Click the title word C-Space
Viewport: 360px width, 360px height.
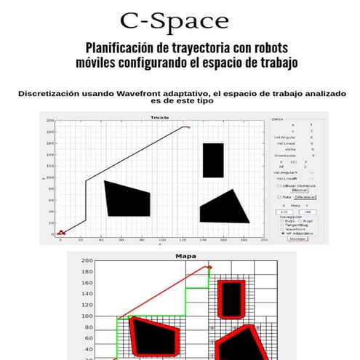point(174,20)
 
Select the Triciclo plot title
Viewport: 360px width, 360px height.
point(159,116)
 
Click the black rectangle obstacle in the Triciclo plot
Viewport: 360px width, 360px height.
point(213,160)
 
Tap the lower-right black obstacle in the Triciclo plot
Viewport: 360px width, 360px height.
point(222,208)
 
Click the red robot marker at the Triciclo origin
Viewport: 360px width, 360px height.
point(61,233)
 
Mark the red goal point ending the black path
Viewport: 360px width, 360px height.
point(188,127)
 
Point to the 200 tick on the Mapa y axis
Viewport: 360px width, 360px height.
point(87,261)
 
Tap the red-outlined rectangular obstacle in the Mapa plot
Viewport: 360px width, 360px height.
point(231,299)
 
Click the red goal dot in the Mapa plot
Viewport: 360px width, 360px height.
point(209,268)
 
